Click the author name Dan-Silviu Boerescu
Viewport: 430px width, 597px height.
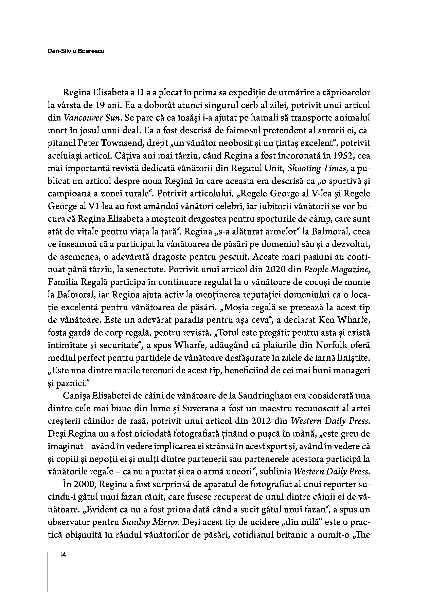pyautogui.click(x=76, y=51)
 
